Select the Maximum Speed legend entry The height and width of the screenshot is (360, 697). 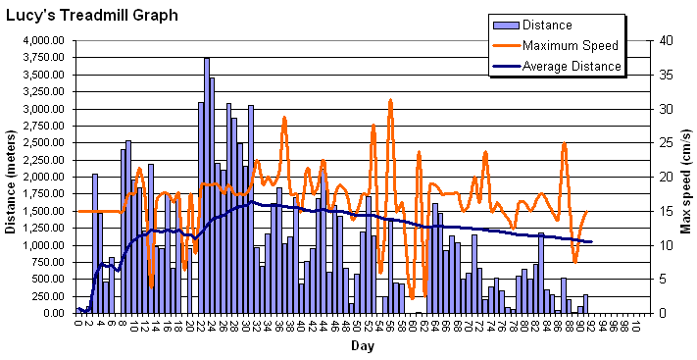point(570,45)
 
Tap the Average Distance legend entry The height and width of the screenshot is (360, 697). point(572,66)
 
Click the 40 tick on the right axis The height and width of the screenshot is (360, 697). point(665,40)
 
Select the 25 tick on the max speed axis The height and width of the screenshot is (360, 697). point(665,142)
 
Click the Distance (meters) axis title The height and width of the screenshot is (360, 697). point(11,177)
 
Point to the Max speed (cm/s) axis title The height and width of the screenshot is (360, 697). point(685,177)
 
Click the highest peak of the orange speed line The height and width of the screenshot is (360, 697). point(390,100)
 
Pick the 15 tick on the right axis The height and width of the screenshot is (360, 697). point(665,211)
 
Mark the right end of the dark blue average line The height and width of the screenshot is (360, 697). point(591,241)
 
